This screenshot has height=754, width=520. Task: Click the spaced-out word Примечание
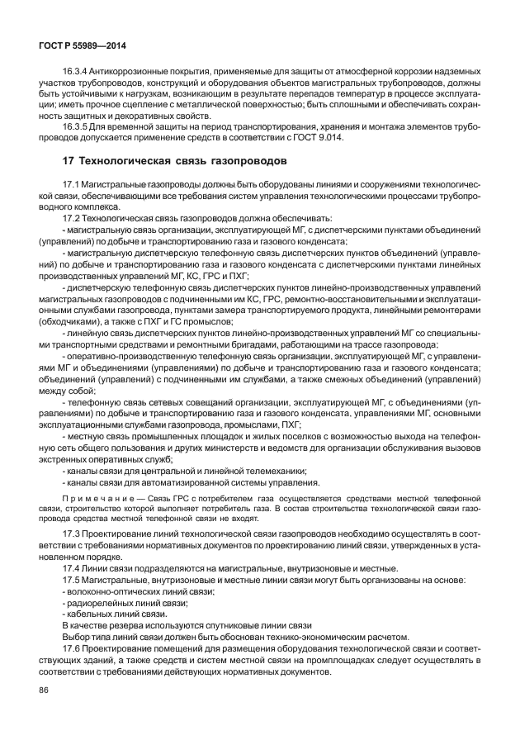point(95,499)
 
